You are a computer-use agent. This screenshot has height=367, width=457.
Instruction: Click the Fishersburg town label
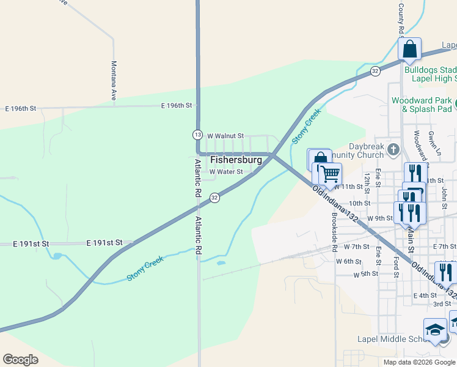click(236, 160)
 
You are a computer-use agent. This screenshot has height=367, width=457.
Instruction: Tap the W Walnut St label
click(225, 136)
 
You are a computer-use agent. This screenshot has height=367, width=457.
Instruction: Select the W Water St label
click(226, 172)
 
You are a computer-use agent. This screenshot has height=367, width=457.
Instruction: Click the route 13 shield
click(197, 134)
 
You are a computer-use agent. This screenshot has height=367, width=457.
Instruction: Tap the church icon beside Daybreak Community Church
click(393, 149)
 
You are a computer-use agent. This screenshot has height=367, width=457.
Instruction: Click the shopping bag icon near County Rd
click(409, 49)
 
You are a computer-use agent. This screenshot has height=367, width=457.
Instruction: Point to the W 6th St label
click(349, 261)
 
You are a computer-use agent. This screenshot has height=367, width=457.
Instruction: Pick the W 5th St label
click(367, 275)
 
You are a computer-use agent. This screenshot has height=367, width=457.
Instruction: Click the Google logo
click(20, 360)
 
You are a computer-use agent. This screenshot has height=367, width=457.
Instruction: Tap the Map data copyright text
click(419, 362)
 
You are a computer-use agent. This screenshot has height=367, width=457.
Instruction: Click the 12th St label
click(367, 180)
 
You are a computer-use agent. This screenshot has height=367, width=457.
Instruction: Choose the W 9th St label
click(380, 218)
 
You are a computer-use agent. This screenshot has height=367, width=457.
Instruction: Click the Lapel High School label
click(430, 79)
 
